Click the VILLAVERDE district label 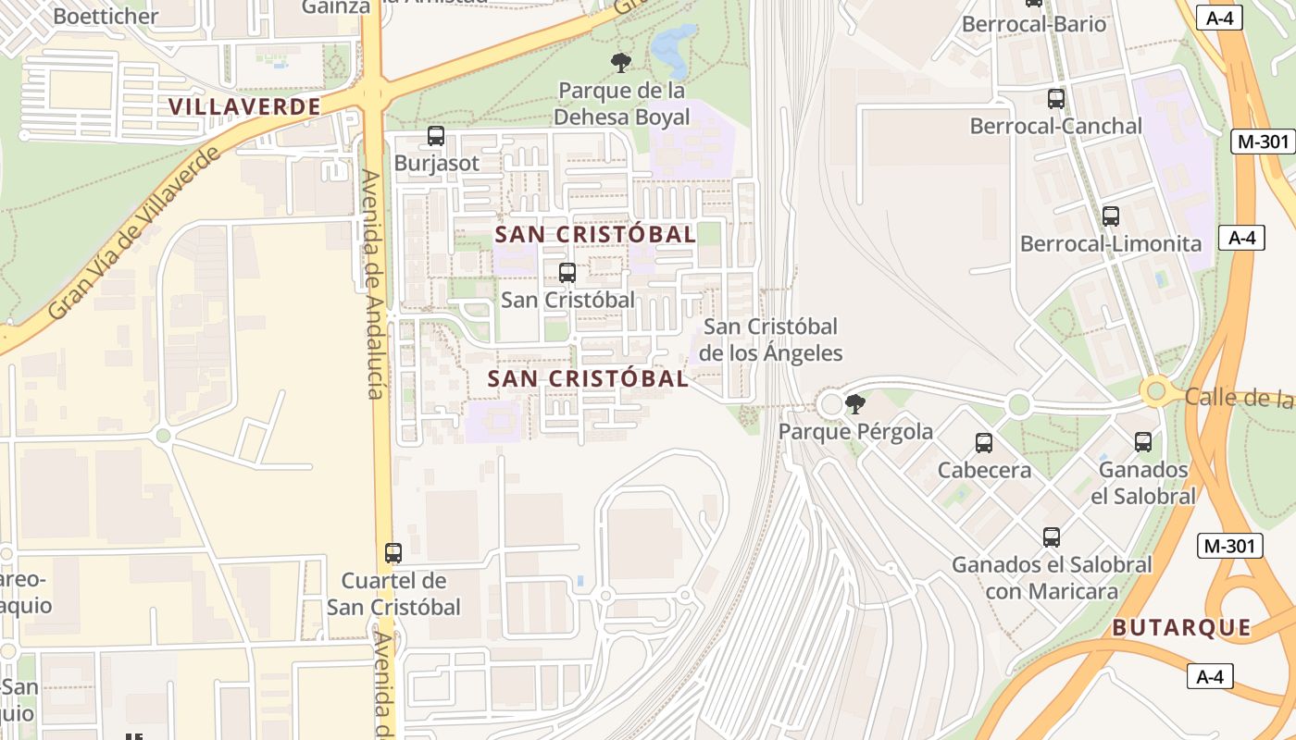(244, 106)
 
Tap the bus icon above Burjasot (435, 136)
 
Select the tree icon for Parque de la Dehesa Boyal (620, 62)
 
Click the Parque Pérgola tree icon (855, 403)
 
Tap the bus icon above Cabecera (984, 443)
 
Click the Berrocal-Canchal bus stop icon (1055, 98)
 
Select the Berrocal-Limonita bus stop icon (1110, 216)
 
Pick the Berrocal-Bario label (1034, 24)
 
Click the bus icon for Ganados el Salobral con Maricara (1051, 536)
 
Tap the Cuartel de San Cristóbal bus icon (393, 553)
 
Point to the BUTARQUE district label (1181, 628)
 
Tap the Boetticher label (106, 16)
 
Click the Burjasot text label (437, 164)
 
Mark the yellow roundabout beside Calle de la (1155, 391)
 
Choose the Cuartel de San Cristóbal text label (393, 594)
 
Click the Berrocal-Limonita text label (1110, 244)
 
